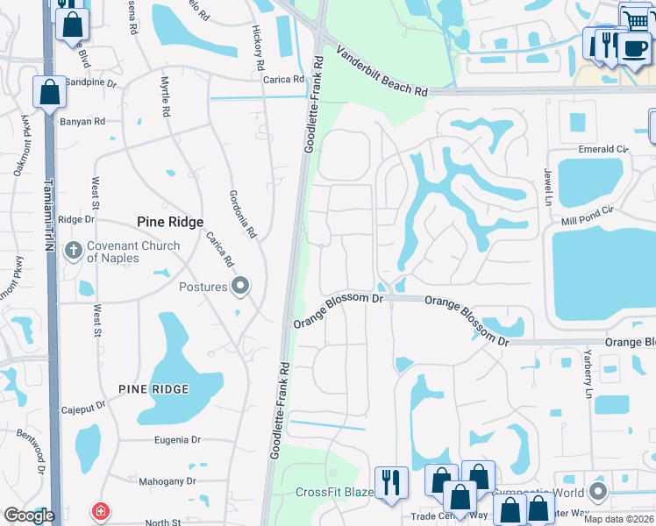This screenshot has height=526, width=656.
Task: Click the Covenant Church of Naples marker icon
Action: point(74,252)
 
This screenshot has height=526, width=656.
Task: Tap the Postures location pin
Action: point(240,286)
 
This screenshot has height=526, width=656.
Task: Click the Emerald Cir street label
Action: point(603,150)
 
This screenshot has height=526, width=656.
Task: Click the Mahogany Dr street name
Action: point(167,481)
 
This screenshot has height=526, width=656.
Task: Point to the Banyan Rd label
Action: point(82,121)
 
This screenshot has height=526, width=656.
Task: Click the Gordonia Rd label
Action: point(242,215)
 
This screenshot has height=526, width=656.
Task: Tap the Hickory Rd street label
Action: point(259,48)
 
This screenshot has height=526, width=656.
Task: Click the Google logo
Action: point(29,515)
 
